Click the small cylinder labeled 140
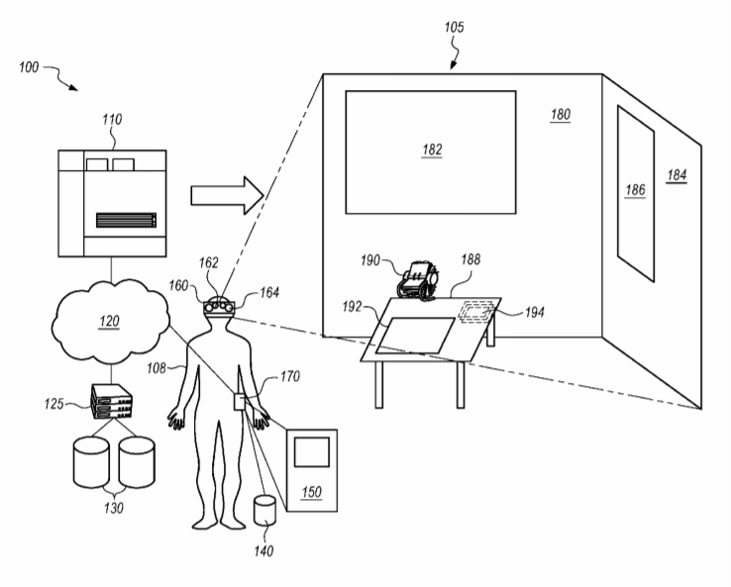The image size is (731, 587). click(x=263, y=511)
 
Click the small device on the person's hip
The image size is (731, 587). click(x=239, y=401)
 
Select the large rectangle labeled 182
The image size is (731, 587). click(x=430, y=151)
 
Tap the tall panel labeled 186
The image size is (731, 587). click(x=635, y=187)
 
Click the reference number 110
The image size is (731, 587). click(x=112, y=120)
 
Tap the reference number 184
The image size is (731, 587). click(x=677, y=175)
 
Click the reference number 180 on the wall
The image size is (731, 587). click(x=561, y=115)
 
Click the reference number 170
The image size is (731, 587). click(x=290, y=376)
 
